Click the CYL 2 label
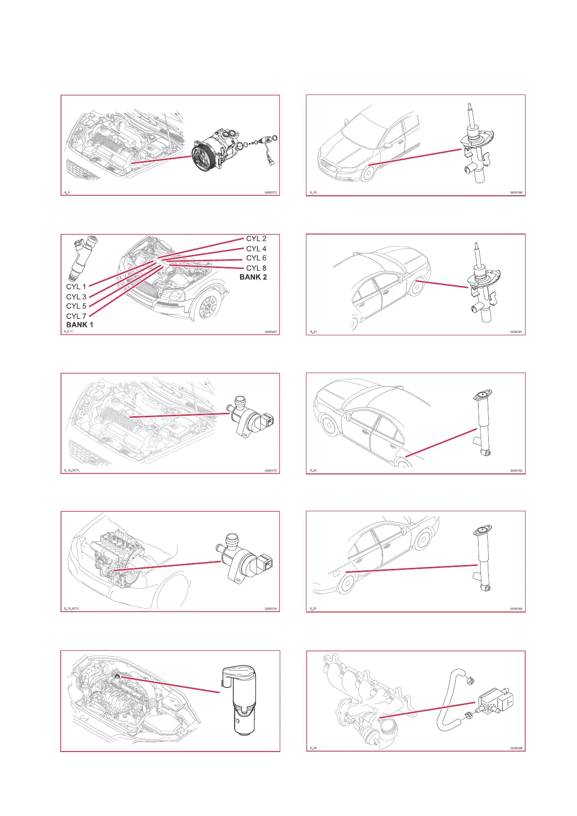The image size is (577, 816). pos(256,238)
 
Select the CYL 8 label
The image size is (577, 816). pos(256,268)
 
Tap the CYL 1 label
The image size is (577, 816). pos(76,287)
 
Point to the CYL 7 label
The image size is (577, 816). pos(76,316)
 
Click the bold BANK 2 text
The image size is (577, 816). pos(253,277)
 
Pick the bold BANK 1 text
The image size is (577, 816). pos(80,325)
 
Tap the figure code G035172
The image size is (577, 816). pos(271,193)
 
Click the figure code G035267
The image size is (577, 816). pos(271,332)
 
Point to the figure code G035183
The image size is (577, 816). pos(516,609)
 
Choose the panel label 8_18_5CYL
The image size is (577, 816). pos(72,471)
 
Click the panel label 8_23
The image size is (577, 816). pos(313,609)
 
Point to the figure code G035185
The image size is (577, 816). pos(516,748)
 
